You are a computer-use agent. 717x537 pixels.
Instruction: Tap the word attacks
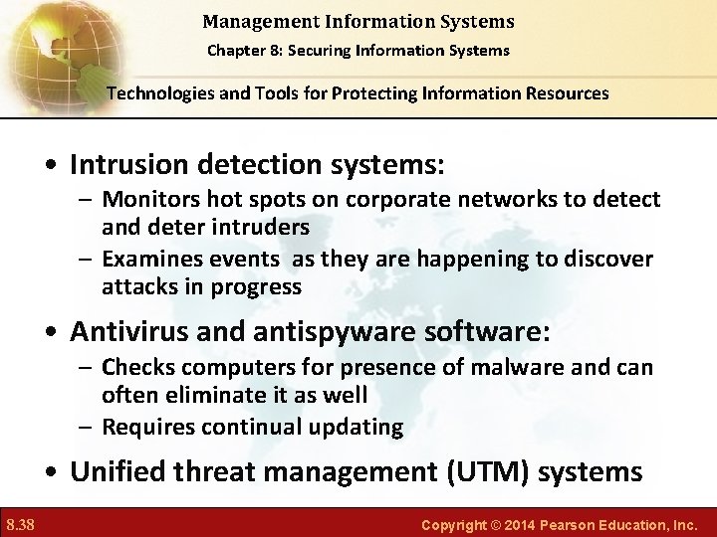[x=134, y=286]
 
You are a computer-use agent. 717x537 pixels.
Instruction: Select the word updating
[x=357, y=428]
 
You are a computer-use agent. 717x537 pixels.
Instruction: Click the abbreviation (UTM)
[x=489, y=470]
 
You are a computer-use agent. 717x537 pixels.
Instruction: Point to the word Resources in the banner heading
[x=565, y=93]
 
